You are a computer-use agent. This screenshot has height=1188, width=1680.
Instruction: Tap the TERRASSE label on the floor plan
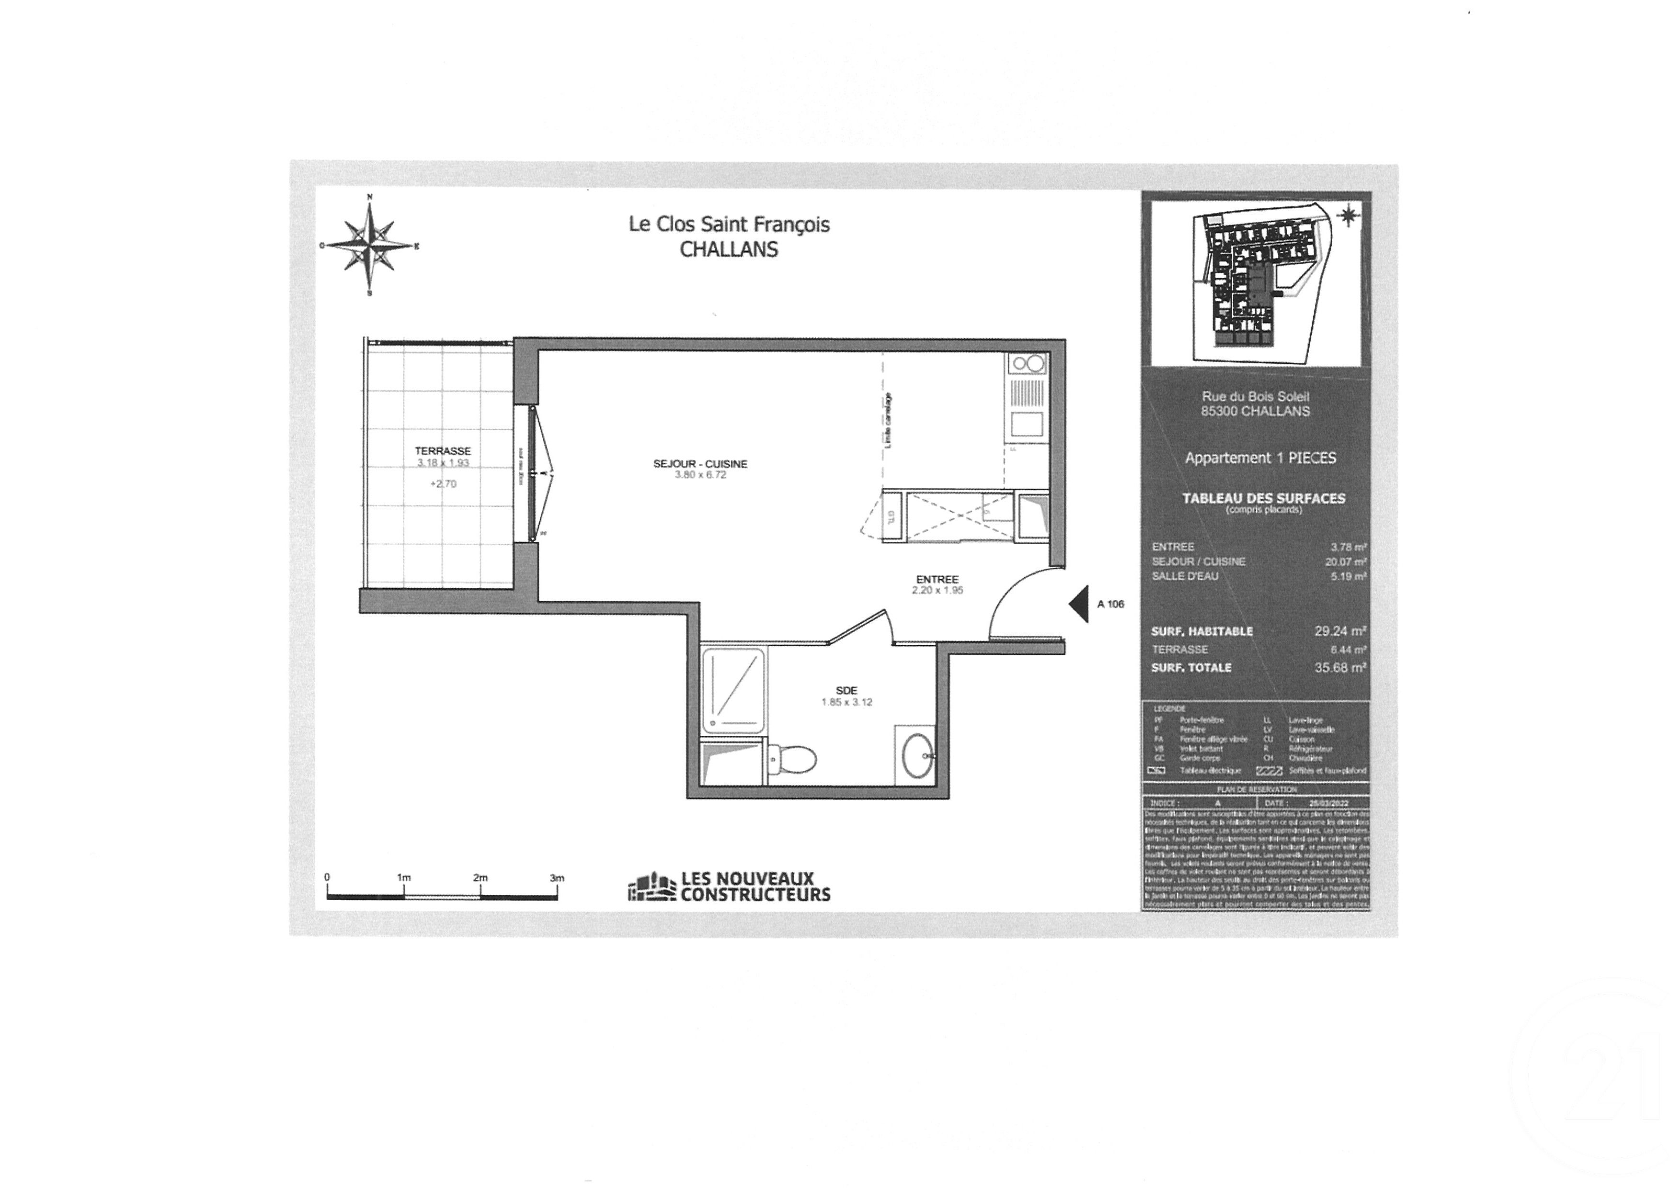(443, 451)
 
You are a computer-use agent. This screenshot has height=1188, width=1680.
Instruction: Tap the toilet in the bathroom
(794, 759)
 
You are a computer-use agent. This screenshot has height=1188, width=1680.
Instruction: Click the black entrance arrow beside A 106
(1078, 604)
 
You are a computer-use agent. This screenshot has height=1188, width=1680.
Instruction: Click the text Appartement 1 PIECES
(1260, 458)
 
